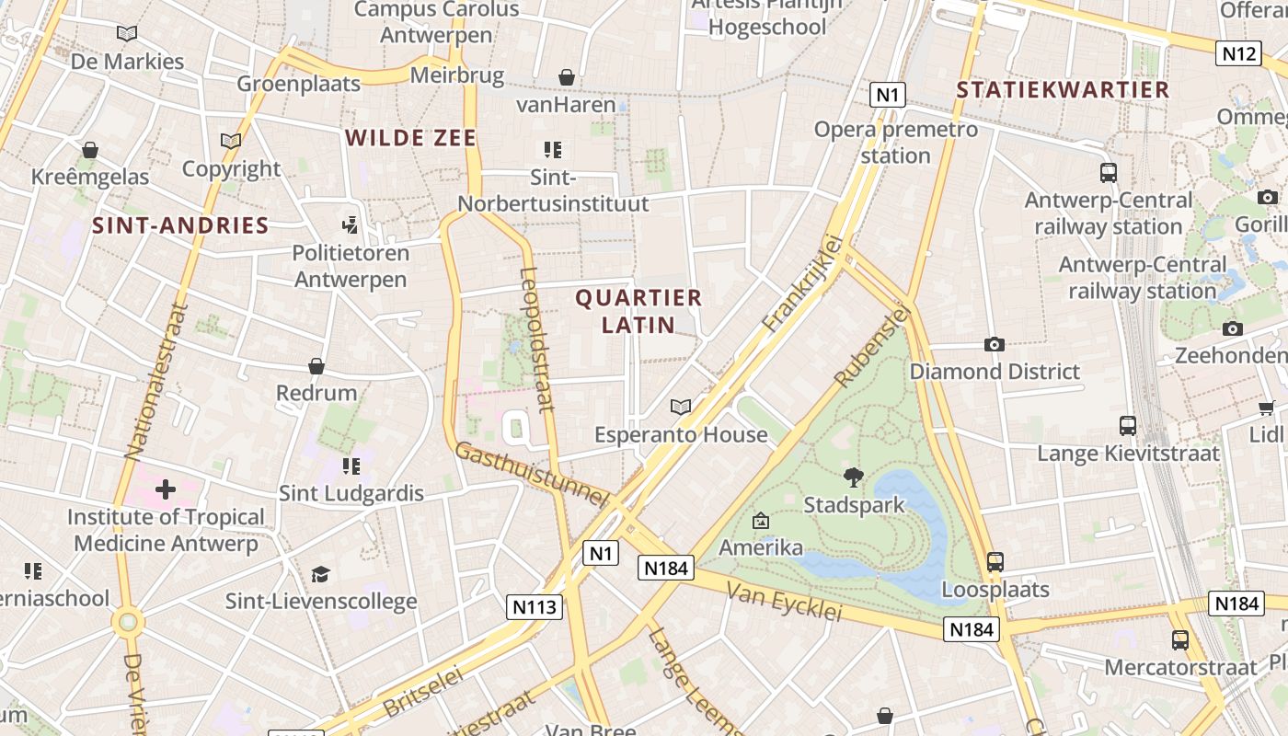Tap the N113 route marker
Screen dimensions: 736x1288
pyautogui.click(x=534, y=606)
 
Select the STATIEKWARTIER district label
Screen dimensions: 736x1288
pyautogui.click(x=1063, y=89)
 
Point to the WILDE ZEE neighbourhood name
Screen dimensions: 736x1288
pyautogui.click(x=410, y=138)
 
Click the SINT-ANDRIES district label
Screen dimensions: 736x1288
pyautogui.click(x=180, y=225)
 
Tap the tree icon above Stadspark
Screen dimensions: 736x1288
pyautogui.click(x=854, y=477)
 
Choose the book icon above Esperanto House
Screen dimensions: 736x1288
pyautogui.click(x=681, y=407)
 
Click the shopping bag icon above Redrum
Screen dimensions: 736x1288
pyautogui.click(x=316, y=366)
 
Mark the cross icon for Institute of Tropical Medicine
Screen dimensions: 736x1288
pyautogui.click(x=166, y=489)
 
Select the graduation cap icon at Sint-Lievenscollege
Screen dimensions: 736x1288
pyautogui.click(x=320, y=574)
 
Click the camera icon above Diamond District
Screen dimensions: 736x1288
pyautogui.click(x=994, y=344)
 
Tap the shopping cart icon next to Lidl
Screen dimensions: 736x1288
pyautogui.click(x=1266, y=408)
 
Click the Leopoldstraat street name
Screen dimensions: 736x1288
pyautogui.click(x=536, y=339)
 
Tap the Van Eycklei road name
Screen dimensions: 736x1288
pyautogui.click(x=784, y=601)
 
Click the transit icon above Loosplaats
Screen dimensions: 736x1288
pyautogui.click(x=995, y=561)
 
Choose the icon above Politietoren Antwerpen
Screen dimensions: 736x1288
pyautogui.click(x=350, y=224)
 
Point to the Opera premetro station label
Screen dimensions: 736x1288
pyautogui.click(x=896, y=143)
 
